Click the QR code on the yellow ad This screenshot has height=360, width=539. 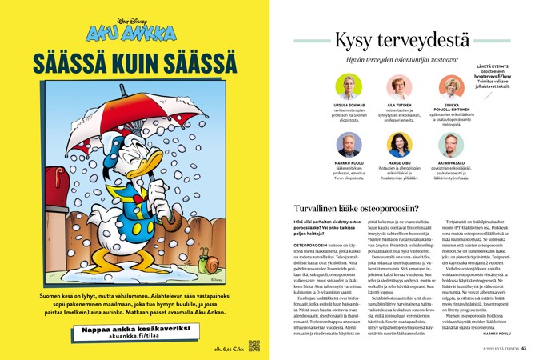[254, 346]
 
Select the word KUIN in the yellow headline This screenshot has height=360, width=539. [134, 64]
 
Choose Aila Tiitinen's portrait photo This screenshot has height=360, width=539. [399, 86]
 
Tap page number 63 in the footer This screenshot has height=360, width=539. [524, 349]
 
